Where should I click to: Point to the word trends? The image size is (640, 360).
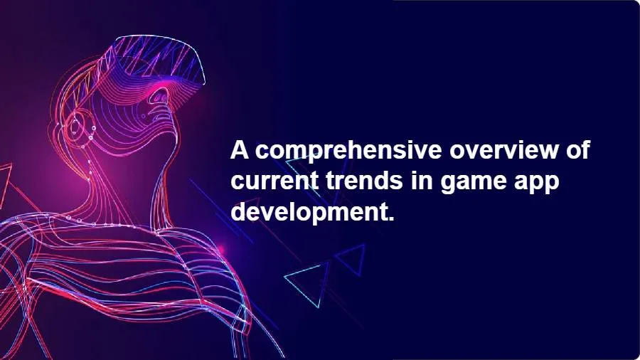click(x=366, y=181)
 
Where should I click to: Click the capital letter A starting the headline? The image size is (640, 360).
click(x=240, y=151)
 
